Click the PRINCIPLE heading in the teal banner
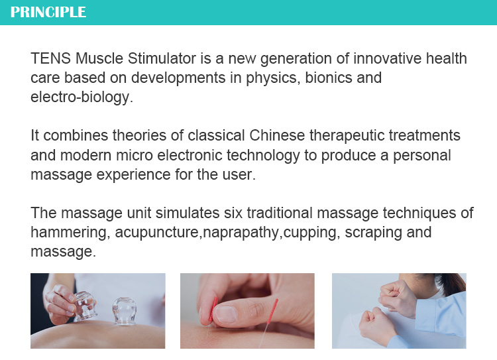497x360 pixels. (x=48, y=12)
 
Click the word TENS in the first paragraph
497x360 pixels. (x=50, y=58)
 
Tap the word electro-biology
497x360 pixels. (x=82, y=97)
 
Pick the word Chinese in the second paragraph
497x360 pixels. (x=277, y=135)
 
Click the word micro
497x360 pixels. (x=134, y=155)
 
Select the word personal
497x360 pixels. (x=422, y=155)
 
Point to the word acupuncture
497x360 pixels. (x=157, y=233)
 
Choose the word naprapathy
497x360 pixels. (x=241, y=233)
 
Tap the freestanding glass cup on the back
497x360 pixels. (x=125, y=311)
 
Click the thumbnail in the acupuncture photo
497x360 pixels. (x=226, y=314)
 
